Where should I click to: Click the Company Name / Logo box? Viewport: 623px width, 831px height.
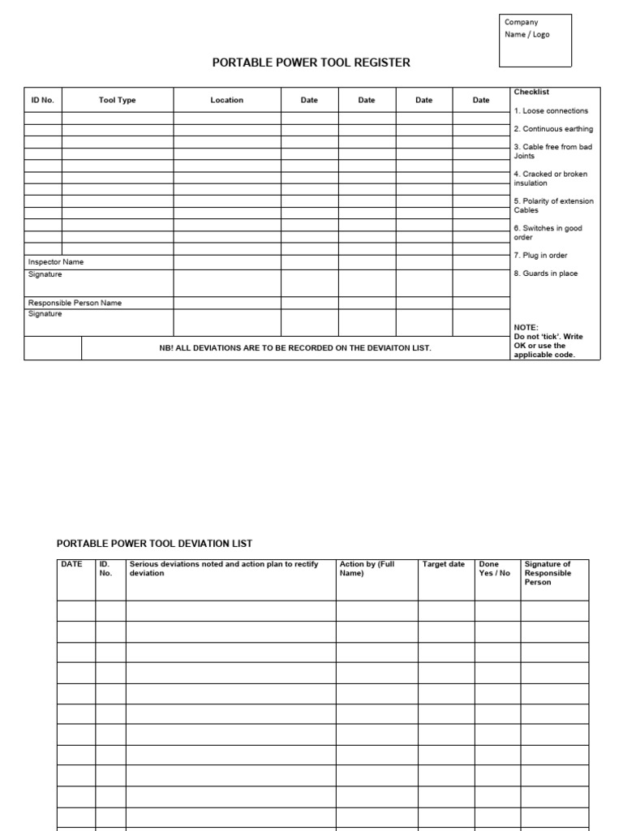click(536, 40)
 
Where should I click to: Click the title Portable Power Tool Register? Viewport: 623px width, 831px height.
click(311, 63)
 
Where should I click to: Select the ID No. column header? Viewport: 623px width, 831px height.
click(42, 101)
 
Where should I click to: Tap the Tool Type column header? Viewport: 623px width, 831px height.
click(117, 101)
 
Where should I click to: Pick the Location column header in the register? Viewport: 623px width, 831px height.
click(226, 101)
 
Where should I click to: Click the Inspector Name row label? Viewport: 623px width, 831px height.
click(56, 263)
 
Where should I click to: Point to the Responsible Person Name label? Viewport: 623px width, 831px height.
click(75, 303)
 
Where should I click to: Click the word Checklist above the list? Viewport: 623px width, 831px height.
click(531, 93)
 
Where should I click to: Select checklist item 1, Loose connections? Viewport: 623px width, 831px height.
click(551, 111)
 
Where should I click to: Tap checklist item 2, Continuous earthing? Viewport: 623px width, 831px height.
click(552, 129)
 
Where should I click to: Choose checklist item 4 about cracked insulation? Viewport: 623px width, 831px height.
click(550, 179)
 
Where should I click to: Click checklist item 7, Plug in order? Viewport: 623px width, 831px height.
click(540, 256)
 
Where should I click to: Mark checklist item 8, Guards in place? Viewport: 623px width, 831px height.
click(545, 273)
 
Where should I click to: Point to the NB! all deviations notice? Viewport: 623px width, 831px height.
click(294, 348)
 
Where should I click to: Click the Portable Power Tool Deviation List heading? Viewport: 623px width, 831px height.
click(154, 544)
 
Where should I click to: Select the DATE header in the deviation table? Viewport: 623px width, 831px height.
click(72, 564)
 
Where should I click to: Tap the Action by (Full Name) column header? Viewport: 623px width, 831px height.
click(367, 568)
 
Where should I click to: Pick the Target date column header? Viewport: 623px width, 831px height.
click(444, 564)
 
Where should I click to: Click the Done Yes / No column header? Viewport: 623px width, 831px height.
click(495, 568)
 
